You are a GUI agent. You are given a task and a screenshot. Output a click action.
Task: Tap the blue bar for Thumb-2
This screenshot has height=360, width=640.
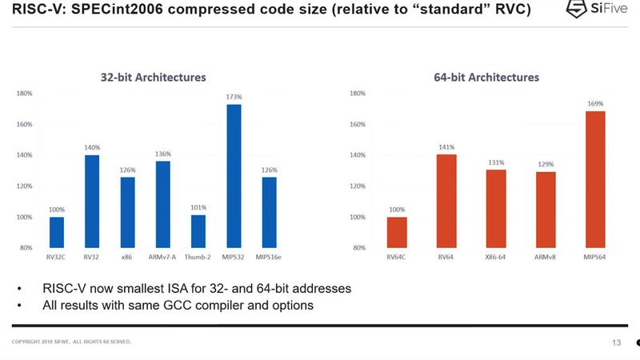198,231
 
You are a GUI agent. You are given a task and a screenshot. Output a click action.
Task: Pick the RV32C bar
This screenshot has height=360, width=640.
57,232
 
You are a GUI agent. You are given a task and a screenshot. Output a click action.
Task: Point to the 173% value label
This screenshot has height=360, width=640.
234,97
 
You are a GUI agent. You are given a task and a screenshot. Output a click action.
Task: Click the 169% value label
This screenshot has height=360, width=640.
595,103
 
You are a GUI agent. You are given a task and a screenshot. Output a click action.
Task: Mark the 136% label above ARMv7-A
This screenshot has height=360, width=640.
163,154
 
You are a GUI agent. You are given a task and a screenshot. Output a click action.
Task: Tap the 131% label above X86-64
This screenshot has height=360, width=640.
496,162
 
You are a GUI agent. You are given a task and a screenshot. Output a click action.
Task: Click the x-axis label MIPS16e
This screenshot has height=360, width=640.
270,258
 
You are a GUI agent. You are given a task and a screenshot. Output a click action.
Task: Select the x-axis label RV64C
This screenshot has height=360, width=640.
397,258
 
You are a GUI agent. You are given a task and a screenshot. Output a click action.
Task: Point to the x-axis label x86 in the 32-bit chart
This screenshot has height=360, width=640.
128,258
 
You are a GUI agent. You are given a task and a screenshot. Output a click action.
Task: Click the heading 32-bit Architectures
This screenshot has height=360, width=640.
153,78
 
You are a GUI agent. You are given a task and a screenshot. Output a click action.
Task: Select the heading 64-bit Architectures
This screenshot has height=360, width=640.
486,78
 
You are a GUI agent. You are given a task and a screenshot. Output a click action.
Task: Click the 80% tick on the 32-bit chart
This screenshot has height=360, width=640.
26,248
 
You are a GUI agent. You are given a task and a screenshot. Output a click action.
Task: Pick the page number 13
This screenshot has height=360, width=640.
616,342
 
